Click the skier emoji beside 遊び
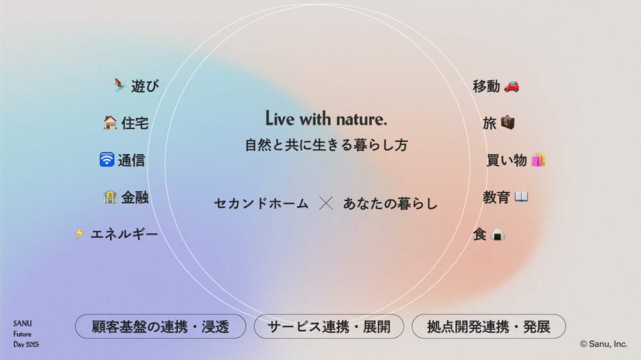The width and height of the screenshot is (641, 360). pyautogui.click(x=119, y=85)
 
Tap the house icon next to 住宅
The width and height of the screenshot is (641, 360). pyautogui.click(x=110, y=122)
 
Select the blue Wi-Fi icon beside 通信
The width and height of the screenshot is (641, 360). pyautogui.click(x=106, y=160)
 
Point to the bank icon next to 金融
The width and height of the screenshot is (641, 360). pyautogui.click(x=110, y=197)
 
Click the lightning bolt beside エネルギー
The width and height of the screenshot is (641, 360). pyautogui.click(x=79, y=233)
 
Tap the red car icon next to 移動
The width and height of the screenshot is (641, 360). pyautogui.click(x=512, y=86)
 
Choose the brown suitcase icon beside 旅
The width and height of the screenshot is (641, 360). pyautogui.click(x=508, y=122)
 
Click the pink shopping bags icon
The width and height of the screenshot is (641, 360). pyautogui.click(x=538, y=160)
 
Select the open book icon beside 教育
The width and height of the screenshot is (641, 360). pyautogui.click(x=521, y=197)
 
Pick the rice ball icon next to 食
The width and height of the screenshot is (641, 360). pyautogui.click(x=497, y=234)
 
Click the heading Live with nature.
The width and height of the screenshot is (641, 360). pyautogui.click(x=326, y=119)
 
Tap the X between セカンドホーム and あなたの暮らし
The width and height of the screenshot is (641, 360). pyautogui.click(x=326, y=203)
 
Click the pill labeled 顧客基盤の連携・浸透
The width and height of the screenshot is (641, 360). pyautogui.click(x=160, y=327)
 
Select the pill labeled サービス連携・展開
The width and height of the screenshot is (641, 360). pyautogui.click(x=329, y=327)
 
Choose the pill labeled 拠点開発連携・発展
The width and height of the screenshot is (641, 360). pyautogui.click(x=488, y=327)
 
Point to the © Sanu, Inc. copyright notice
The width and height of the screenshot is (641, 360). pyautogui.click(x=603, y=344)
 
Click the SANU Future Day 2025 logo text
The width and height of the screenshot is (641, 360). pyautogui.click(x=26, y=334)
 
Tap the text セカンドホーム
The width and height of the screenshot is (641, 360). pyautogui.click(x=261, y=204)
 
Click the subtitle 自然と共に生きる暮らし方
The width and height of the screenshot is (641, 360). pyautogui.click(x=326, y=145)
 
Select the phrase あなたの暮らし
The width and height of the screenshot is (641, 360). pyautogui.click(x=390, y=204)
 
